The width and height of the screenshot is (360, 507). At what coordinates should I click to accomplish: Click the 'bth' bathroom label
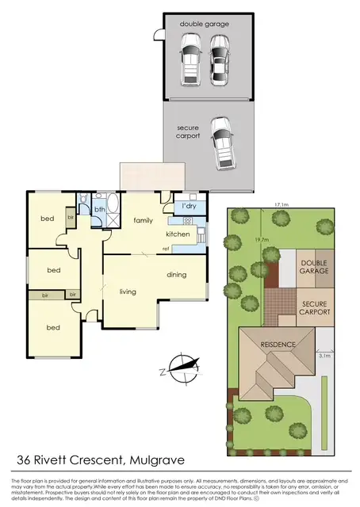click(x=99, y=210)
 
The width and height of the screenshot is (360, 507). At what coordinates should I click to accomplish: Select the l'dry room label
click(x=189, y=207)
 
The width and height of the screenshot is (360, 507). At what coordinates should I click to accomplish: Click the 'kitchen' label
click(x=178, y=234)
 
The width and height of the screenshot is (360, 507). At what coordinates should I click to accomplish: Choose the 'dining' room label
click(x=177, y=275)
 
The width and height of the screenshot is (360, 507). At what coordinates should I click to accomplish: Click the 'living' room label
click(x=128, y=292)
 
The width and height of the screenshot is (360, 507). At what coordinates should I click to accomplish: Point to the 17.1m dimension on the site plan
click(x=279, y=204)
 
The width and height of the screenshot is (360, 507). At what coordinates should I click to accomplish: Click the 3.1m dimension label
click(x=323, y=357)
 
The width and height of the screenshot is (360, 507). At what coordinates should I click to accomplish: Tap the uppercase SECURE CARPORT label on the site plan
click(x=313, y=307)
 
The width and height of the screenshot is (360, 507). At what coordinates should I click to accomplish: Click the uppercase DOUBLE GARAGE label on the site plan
click(x=313, y=265)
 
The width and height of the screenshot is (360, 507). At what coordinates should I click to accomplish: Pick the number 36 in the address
click(x=25, y=459)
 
